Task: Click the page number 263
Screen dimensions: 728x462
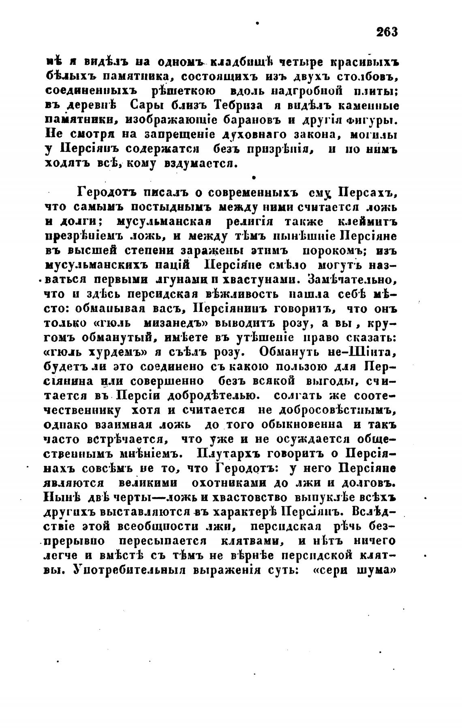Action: pos(387,32)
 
